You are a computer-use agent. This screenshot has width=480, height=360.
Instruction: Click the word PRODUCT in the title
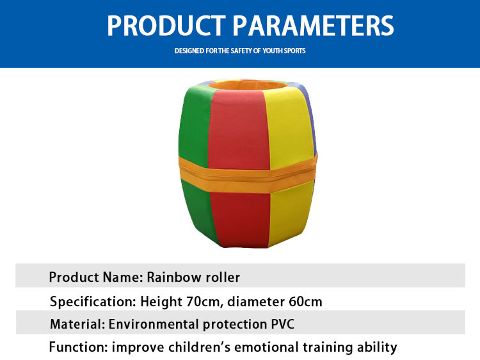point(166,26)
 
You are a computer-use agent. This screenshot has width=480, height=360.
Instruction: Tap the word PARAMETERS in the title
point(313,26)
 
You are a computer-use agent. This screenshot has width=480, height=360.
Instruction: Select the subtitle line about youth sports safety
point(240,51)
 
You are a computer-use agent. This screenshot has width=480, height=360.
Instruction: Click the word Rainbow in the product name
point(173,277)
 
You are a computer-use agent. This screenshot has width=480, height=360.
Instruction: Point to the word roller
point(223,277)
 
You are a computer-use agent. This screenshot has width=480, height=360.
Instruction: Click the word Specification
point(93,302)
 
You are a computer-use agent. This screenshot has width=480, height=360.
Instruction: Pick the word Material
point(77,324)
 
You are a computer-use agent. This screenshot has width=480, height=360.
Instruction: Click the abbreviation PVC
point(282,324)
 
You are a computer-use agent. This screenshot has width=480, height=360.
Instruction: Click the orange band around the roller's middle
point(247,174)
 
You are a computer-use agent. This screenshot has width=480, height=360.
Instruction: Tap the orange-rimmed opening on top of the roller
point(248,85)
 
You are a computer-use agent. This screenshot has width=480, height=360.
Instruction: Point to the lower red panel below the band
point(240,219)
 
